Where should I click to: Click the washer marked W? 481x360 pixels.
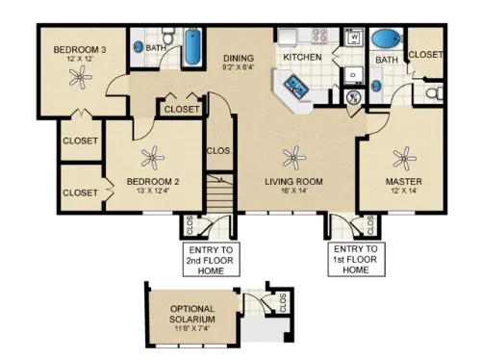[353, 39]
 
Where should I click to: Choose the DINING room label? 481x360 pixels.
[239, 58]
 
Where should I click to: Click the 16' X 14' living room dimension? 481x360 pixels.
[292, 192]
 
